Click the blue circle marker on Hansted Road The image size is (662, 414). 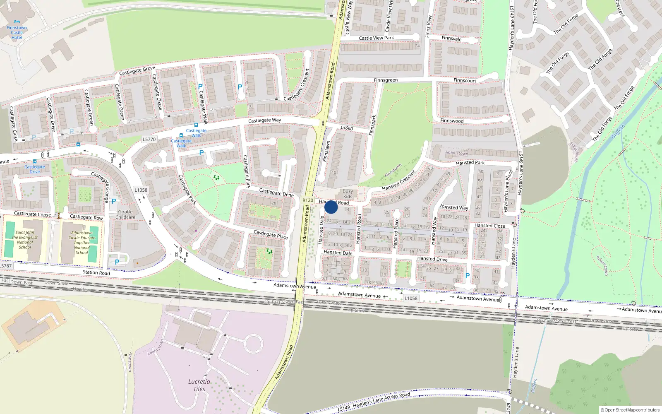(331, 207)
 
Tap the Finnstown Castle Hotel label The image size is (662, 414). (17, 32)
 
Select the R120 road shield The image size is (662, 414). (308, 200)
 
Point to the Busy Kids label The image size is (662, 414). (348, 194)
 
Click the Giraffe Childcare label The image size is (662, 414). (125, 214)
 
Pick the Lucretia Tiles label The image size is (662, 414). (199, 385)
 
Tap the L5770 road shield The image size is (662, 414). (149, 140)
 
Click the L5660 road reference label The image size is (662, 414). (347, 128)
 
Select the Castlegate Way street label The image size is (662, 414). (264, 120)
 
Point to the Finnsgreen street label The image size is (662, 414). (386, 80)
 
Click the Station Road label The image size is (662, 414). (96, 272)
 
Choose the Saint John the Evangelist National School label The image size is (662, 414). (25, 240)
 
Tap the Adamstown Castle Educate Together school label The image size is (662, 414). (82, 243)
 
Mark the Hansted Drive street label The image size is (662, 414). (432, 259)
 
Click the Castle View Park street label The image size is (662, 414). (377, 38)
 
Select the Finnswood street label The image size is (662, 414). (452, 121)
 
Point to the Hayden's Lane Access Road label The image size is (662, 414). (381, 399)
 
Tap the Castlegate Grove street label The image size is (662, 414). (137, 70)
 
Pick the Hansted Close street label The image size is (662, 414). (489, 226)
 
